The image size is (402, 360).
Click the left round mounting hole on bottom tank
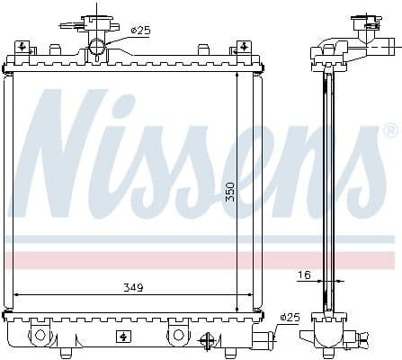[x=40, y=335]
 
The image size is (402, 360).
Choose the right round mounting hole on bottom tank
[x=178, y=335]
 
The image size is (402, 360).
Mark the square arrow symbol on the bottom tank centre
[x=122, y=336]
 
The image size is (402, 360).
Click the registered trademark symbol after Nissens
[x=389, y=131]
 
